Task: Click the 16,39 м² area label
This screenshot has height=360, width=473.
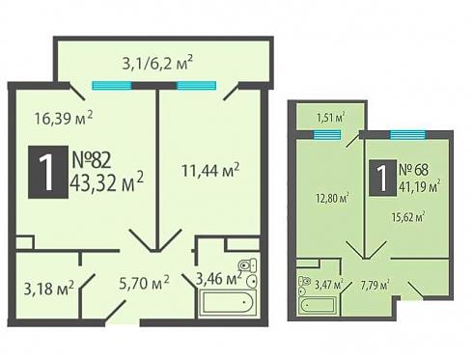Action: [64, 118]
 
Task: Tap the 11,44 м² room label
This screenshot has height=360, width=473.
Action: [210, 170]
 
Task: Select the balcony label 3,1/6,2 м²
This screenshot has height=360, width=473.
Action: [157, 63]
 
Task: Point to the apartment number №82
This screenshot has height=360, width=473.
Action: [92, 160]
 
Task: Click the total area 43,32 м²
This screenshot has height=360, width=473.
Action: [106, 183]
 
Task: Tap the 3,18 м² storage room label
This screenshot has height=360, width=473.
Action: [49, 288]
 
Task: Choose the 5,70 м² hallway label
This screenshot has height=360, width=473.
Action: [144, 283]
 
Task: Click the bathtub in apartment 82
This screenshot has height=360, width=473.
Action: [227, 303]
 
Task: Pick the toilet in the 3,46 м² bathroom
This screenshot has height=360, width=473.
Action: [247, 265]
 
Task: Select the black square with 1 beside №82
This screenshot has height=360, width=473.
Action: [48, 172]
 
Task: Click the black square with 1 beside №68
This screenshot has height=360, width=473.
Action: [382, 178]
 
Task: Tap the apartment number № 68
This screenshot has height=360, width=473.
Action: [413, 170]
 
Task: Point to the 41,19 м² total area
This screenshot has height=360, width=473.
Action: [420, 186]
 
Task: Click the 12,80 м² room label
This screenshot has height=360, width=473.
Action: [332, 198]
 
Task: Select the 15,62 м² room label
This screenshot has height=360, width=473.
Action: [408, 217]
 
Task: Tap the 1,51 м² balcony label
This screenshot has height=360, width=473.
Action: [331, 118]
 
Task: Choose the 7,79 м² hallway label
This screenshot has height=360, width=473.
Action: [376, 285]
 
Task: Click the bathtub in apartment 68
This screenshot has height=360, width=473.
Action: [319, 304]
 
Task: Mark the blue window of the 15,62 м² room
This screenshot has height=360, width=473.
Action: [408, 135]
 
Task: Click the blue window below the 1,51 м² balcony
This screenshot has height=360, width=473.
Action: [327, 134]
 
